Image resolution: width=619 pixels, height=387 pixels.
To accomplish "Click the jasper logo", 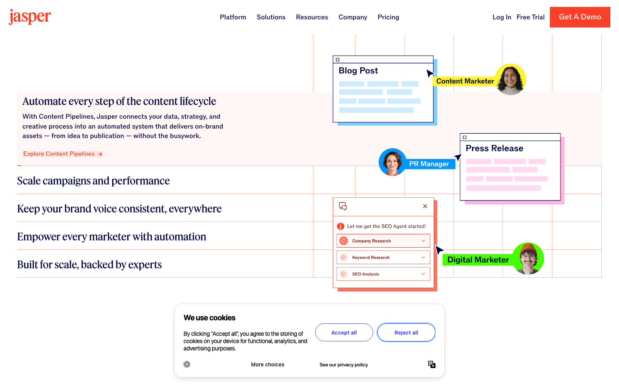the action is (x=30, y=17).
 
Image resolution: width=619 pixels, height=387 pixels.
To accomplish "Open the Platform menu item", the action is (x=233, y=17).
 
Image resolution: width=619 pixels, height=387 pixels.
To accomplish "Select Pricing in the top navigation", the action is (x=388, y=17).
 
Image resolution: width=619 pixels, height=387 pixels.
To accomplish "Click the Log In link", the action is (x=502, y=17).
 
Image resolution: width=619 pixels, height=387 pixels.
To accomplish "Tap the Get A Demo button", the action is (x=580, y=17).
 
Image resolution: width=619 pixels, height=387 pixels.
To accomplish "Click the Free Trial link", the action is (x=530, y=17).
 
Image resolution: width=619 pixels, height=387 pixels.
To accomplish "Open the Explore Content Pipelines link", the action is (x=63, y=154).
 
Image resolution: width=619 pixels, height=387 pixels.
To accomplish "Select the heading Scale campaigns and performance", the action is (x=93, y=181).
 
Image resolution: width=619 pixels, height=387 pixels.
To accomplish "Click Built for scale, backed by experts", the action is (x=89, y=264).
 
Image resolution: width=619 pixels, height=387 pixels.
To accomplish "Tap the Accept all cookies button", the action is (x=344, y=332).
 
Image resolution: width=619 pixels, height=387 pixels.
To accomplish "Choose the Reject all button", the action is (x=406, y=332).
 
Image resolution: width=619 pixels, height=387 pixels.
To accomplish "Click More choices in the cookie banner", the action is (x=267, y=365).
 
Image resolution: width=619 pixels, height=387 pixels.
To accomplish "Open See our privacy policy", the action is (x=343, y=365).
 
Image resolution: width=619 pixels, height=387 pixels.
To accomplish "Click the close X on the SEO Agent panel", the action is (x=425, y=206).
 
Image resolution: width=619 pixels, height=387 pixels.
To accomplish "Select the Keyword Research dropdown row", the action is (x=383, y=257).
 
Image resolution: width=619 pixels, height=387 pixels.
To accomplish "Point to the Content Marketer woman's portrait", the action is (x=510, y=80).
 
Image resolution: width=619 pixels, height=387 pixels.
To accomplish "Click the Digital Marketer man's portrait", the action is (x=528, y=258).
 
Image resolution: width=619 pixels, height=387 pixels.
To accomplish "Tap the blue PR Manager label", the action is (x=429, y=164).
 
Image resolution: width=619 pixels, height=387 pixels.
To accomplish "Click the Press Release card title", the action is (x=494, y=148).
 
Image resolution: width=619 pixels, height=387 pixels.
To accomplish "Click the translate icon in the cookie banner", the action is (x=432, y=364).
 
